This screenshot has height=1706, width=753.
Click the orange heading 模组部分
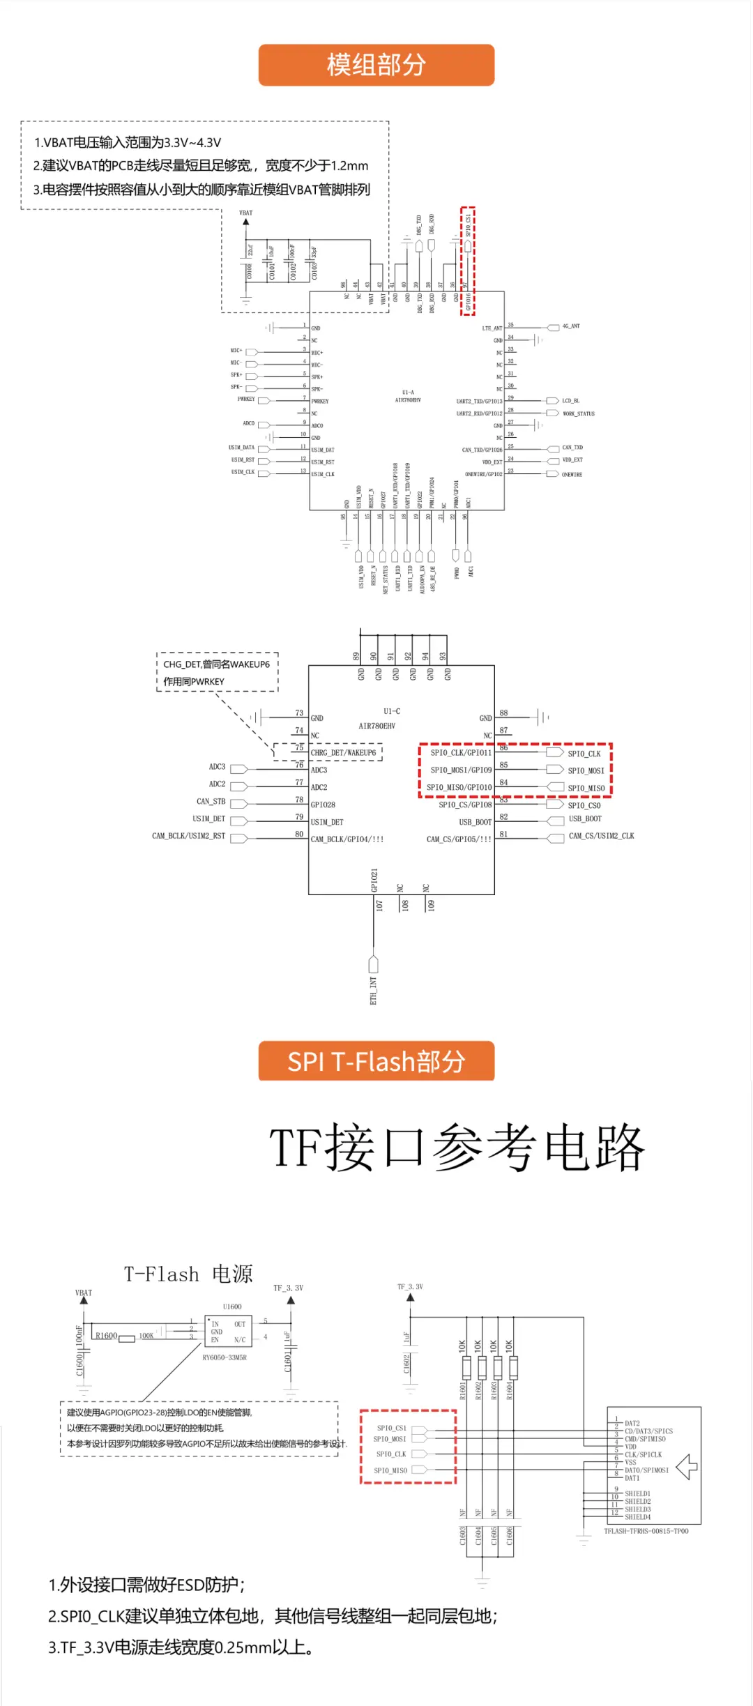tap(376, 65)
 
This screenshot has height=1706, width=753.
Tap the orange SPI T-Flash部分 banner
tap(376, 1061)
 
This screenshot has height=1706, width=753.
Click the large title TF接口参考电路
tap(457, 1148)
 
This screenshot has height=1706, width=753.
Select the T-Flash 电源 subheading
tap(188, 1274)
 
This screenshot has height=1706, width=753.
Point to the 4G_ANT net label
tap(571, 326)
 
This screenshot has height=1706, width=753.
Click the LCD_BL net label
tap(570, 401)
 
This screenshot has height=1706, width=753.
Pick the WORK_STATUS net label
tap(578, 413)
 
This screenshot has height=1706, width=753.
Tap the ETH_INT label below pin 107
tap(373, 990)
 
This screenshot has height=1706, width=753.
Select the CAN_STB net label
tap(211, 802)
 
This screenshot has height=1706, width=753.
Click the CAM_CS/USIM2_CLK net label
tap(601, 836)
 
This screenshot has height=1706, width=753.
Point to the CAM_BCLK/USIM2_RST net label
tap(188, 836)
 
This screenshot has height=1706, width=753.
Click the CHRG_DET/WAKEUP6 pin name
tap(343, 753)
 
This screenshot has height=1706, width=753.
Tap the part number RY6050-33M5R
tap(225, 1357)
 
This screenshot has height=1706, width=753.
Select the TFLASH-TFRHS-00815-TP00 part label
tap(646, 1531)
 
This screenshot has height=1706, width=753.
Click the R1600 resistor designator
tap(106, 1336)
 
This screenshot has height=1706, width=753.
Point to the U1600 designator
tap(232, 1307)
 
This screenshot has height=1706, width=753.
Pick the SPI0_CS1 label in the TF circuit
tap(391, 1428)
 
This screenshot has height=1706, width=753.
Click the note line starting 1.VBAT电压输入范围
tap(128, 143)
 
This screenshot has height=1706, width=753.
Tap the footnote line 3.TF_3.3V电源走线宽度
tap(181, 1647)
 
